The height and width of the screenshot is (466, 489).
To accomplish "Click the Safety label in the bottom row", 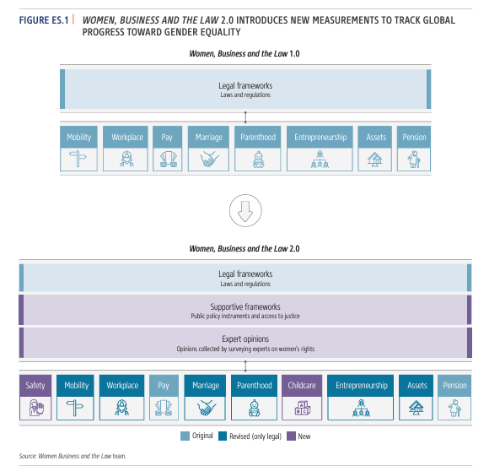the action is pos(35,386).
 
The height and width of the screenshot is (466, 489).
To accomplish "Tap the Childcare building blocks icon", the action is pos(302,408).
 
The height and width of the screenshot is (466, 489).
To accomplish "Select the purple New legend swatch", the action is pos(291,436).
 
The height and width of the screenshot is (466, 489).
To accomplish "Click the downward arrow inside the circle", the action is pos(245,211).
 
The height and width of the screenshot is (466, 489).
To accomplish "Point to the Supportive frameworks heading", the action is pos(245,306).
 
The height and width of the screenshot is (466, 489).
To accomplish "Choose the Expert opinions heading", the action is pos(245,339).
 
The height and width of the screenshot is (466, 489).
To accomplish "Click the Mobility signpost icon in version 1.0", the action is pos(78,159).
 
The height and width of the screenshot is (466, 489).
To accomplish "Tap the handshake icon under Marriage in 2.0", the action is pos(206,408).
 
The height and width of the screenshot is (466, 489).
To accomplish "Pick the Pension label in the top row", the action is pos(414,137).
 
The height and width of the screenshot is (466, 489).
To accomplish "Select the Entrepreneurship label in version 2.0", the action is pos(362,386).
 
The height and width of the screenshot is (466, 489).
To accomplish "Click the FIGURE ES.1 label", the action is pos(44,20).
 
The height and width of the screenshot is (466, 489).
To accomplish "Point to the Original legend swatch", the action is pos(185,436).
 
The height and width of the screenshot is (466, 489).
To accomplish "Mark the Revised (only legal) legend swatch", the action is pos(223,436).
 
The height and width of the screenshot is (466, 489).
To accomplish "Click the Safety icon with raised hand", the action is pos(36,408).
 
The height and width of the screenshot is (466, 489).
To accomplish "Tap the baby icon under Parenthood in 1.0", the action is pos(258,160).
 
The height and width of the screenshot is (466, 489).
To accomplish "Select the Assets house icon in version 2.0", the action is pos(416,408).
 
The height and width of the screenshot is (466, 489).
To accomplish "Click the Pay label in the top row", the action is pos(167,138).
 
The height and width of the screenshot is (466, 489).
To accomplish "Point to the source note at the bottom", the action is pos(73,456).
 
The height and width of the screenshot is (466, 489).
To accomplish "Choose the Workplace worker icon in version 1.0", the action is pos(126,159).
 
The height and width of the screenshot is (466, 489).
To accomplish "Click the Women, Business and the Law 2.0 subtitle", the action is pos(244,248).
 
